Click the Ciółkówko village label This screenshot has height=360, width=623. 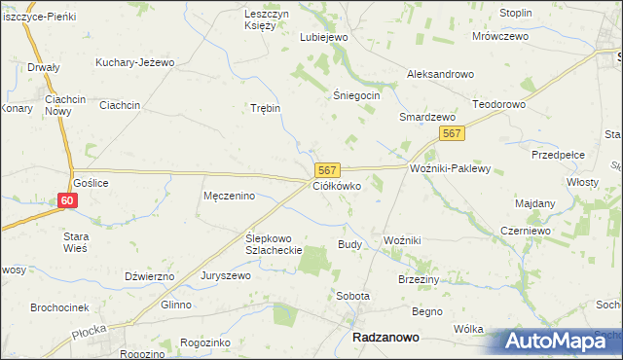pos(337,185)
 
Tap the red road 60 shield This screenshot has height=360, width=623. pos(66,200)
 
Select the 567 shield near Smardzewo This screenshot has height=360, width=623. pos(450,134)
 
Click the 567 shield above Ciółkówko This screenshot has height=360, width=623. pos(326,169)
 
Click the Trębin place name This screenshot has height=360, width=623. pos(265,108)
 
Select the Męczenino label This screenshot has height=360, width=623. pos(229,196)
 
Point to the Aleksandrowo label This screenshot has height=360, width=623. pos(439,74)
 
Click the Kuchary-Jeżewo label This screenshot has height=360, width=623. pos(134,62)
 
